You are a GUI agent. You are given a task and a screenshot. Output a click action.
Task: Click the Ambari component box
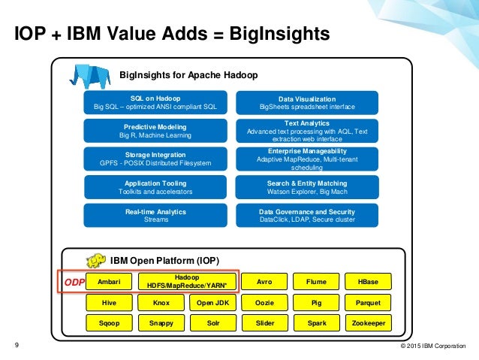point(109,282)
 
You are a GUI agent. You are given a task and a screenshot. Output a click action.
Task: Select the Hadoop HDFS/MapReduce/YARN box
point(186,282)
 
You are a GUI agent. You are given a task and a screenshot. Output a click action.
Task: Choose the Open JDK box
point(212,303)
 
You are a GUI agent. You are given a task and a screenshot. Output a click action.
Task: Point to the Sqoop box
point(109,322)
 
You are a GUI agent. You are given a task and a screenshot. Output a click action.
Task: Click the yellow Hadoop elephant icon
point(95,260)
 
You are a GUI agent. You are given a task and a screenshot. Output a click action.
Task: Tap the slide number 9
point(17,346)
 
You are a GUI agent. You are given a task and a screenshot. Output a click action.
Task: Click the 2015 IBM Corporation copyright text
point(433,346)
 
